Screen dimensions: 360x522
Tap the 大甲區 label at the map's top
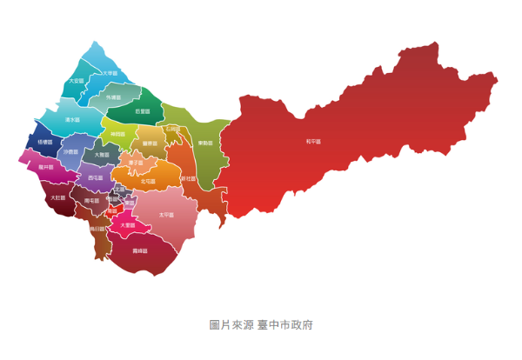(110, 74)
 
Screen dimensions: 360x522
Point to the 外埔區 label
(114, 98)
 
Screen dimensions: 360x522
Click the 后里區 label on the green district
(143, 110)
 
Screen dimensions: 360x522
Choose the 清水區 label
(72, 119)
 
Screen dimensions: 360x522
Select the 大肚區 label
(57, 197)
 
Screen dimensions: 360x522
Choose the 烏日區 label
(97, 229)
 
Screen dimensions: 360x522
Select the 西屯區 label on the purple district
(96, 177)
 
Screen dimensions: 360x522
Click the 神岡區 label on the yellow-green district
(118, 134)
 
